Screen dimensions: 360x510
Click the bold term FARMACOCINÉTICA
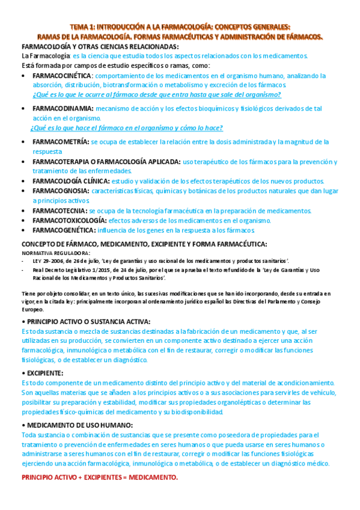coord(63,76)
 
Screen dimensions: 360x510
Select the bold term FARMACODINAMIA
coord(63,109)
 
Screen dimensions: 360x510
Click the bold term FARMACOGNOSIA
coord(60,191)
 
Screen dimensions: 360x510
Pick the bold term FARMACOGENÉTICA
coord(64,230)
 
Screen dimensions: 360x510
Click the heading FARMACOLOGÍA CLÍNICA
coord(71,181)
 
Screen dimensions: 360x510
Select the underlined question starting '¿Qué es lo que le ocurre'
coord(157,95)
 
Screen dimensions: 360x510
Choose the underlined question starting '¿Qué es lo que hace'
coord(127,128)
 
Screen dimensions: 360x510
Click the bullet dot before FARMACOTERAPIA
coord(23,162)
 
